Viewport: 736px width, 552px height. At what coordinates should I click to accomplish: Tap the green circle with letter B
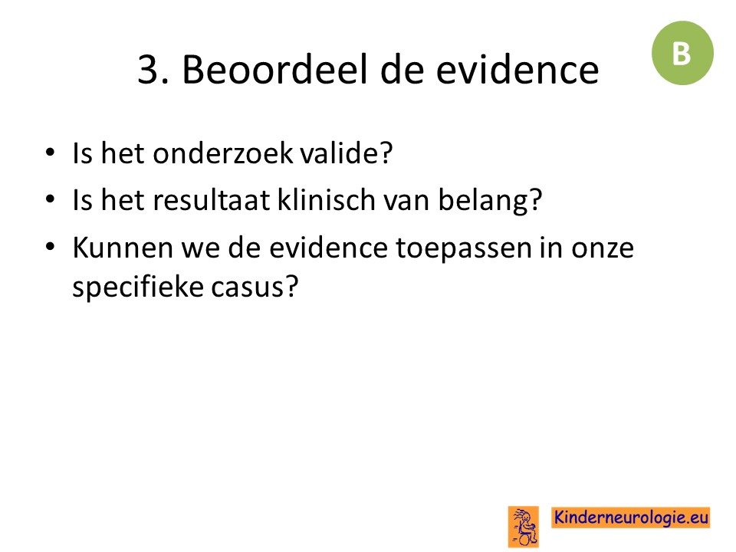tap(682, 53)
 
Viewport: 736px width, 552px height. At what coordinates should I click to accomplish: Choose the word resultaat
tap(212, 200)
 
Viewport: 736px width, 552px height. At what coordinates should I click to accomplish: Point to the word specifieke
tap(137, 287)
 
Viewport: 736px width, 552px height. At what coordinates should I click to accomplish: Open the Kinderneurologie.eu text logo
tap(630, 517)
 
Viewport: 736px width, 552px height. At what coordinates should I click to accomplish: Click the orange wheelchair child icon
tap(524, 527)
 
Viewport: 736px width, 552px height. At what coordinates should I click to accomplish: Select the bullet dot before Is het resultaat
tap(50, 199)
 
